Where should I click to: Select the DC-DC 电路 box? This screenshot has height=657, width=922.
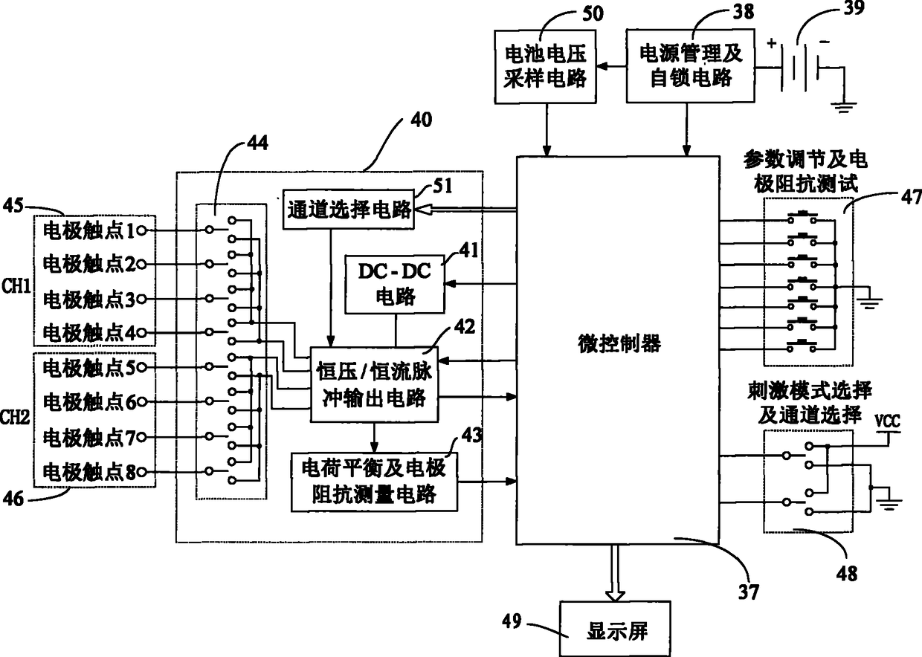click(394, 284)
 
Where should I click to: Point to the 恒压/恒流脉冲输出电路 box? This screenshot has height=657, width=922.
click(373, 384)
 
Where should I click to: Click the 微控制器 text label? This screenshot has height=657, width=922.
click(619, 343)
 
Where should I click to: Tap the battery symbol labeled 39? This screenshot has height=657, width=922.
click(805, 69)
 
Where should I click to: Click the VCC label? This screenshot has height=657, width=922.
click(887, 420)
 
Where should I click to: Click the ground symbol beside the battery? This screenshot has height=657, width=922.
click(842, 106)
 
